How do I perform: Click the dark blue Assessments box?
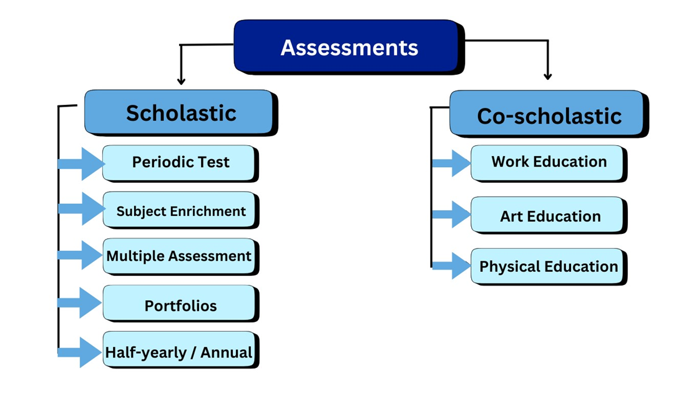pyautogui.click(x=348, y=47)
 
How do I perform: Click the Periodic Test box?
pyautogui.click(x=180, y=162)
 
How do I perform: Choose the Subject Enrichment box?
pyautogui.click(x=180, y=211)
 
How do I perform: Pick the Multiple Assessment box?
pyautogui.click(x=180, y=256)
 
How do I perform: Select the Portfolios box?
pyautogui.click(x=180, y=306)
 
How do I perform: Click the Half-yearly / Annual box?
pyautogui.click(x=180, y=352)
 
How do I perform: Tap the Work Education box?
pyautogui.click(x=548, y=162)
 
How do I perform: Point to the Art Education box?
pyautogui.click(x=548, y=216)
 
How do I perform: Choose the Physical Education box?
pyautogui.click(x=548, y=267)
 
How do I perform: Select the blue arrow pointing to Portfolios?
pyautogui.click(x=81, y=303)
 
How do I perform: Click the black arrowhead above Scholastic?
pyautogui.click(x=182, y=80)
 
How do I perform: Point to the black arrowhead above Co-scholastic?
pyautogui.click(x=548, y=76)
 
